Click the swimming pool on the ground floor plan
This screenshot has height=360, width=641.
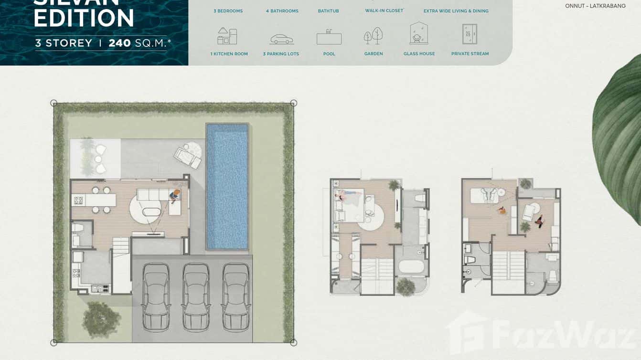[x=227, y=186]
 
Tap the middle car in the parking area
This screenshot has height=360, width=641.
[x=196, y=296]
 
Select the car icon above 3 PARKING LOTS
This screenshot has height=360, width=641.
[x=281, y=39]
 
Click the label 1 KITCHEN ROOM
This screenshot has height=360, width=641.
[x=229, y=54]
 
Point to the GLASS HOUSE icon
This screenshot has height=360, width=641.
[x=419, y=33]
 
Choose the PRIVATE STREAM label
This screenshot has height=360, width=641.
[x=470, y=54]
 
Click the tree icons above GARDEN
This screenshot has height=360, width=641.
[x=373, y=36]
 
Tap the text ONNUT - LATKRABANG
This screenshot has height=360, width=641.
[x=595, y=6]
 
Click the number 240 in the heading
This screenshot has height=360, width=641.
[x=119, y=43]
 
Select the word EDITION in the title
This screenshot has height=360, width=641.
[x=84, y=18]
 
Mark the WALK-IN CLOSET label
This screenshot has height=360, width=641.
[x=384, y=11]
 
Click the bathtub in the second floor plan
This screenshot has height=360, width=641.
[x=412, y=266]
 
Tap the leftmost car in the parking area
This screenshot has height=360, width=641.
[x=156, y=296]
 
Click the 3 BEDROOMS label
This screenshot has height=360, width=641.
[x=228, y=11]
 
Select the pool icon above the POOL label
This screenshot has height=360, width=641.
[x=329, y=37]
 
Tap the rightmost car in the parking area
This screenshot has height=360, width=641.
[x=236, y=296]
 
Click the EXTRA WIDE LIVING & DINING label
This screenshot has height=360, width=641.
[x=456, y=11]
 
